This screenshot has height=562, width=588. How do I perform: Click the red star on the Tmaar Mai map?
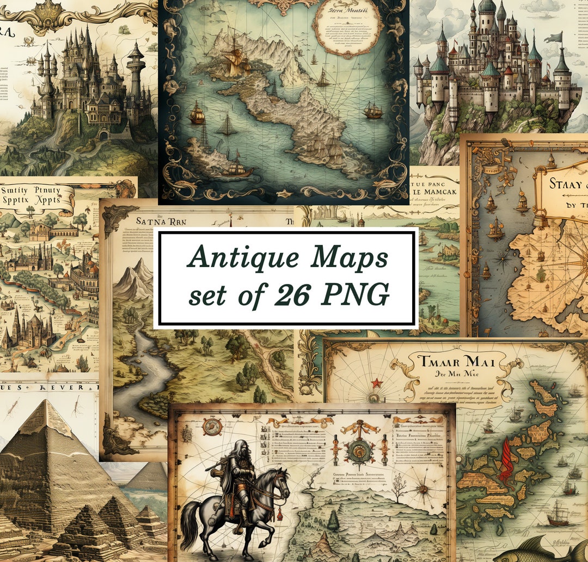375,382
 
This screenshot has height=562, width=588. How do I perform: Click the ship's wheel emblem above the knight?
212,427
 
